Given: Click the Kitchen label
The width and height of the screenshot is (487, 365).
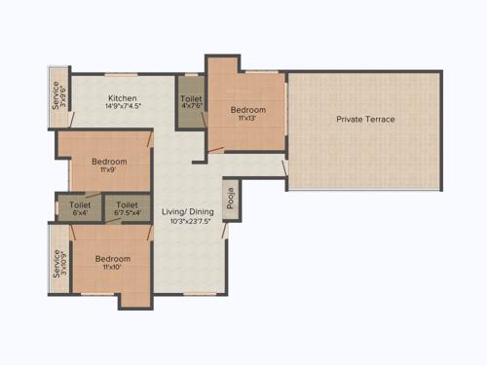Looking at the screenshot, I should pyautogui.click(x=122, y=98).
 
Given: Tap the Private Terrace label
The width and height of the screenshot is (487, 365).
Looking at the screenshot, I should pyautogui.click(x=365, y=120).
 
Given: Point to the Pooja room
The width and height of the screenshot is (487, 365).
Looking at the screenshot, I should pyautogui.click(x=230, y=202).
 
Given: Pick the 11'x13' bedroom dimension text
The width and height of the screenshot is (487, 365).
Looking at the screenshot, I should pyautogui.click(x=247, y=119).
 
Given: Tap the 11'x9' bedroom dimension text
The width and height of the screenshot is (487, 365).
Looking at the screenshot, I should pyautogui.click(x=109, y=169).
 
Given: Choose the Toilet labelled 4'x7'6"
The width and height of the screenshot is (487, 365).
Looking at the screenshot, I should pyautogui.click(x=191, y=105).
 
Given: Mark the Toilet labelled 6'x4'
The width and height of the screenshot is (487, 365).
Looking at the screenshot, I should pyautogui.click(x=79, y=209).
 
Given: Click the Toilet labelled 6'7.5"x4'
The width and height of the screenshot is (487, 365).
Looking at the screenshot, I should pyautogui.click(x=128, y=209).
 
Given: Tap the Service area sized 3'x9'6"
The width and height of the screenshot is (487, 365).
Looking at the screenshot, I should pyautogui.click(x=57, y=97).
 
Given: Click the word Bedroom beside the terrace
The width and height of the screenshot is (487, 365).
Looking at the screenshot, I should pyautogui.click(x=247, y=110).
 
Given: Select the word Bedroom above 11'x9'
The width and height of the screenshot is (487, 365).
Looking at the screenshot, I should pyautogui.click(x=109, y=161).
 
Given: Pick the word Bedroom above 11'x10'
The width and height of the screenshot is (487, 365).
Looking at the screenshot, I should pyautogui.click(x=112, y=258).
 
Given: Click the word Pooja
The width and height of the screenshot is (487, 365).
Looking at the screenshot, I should pyautogui.click(x=230, y=197).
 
